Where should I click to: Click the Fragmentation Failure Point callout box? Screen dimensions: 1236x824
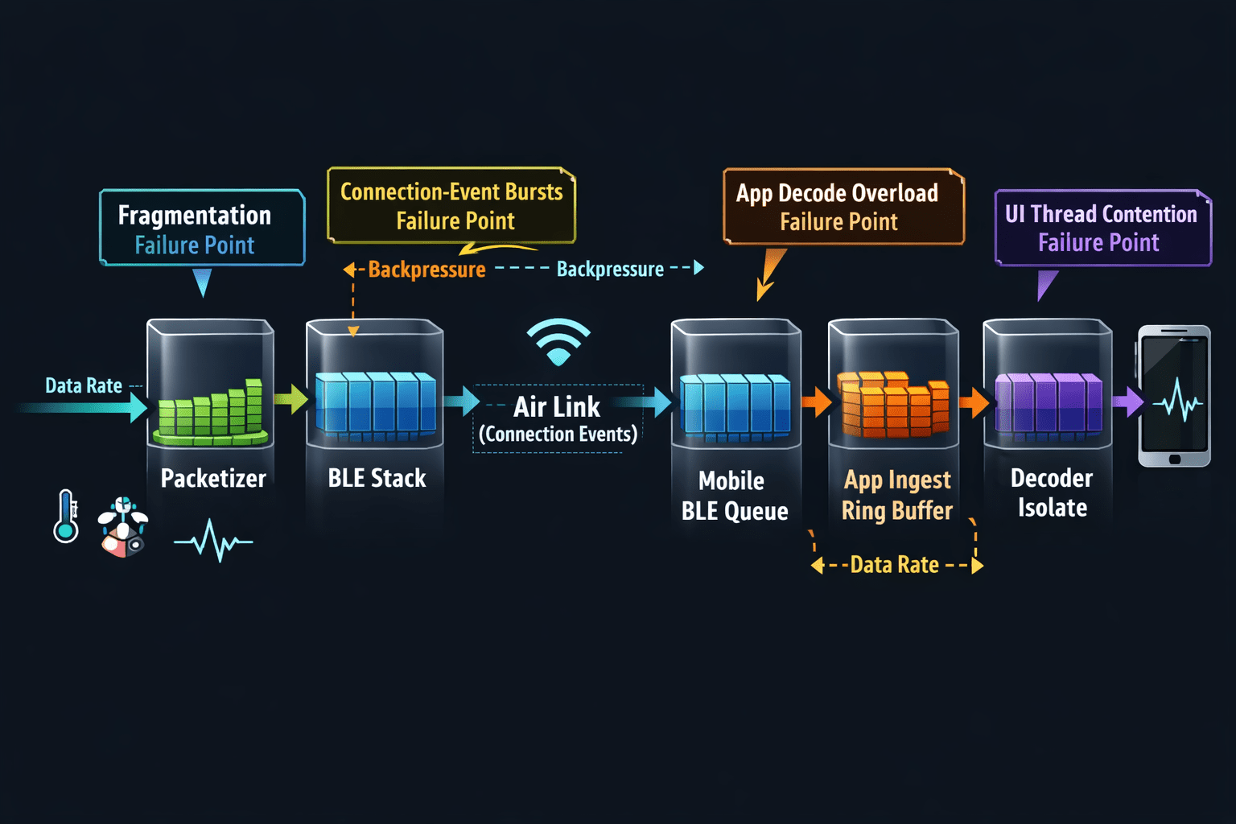pyautogui.click(x=202, y=228)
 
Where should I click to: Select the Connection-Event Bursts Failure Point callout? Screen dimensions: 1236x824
pyautogui.click(x=451, y=205)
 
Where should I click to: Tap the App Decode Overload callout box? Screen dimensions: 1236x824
pyautogui.click(x=843, y=207)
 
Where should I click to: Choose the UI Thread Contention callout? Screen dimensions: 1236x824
pyautogui.click(x=1102, y=228)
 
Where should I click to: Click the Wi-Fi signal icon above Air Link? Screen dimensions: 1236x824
pyautogui.click(x=558, y=342)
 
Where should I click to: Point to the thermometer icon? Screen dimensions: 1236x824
pyautogui.click(x=66, y=517)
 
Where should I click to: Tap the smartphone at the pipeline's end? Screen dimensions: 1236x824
pyautogui.click(x=1174, y=396)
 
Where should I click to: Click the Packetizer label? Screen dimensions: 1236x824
pyautogui.click(x=213, y=478)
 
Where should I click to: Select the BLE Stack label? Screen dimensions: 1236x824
pyautogui.click(x=377, y=478)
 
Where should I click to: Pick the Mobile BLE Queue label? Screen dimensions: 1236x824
pyautogui.click(x=735, y=496)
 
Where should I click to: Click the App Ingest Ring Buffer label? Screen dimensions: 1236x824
pyautogui.click(x=897, y=496)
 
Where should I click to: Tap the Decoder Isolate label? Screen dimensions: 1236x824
pyautogui.click(x=1052, y=492)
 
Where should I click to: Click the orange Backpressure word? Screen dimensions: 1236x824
pyautogui.click(x=427, y=270)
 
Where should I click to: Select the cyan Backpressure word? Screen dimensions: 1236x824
pyautogui.click(x=610, y=269)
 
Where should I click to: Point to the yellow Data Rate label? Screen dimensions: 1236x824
pyautogui.click(x=895, y=565)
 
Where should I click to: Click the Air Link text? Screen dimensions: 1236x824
pyautogui.click(x=557, y=407)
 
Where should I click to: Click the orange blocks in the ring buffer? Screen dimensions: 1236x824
pyautogui.click(x=892, y=404)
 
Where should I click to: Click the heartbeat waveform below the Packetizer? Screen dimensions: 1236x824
pyautogui.click(x=213, y=541)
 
